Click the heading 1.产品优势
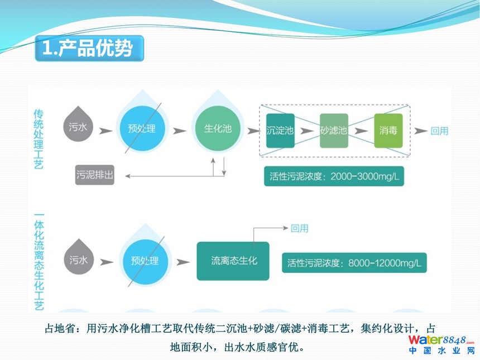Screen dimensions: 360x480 88,49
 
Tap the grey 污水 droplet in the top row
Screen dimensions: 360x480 79,128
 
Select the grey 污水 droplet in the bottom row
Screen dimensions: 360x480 79,260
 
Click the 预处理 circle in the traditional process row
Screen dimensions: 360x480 141,129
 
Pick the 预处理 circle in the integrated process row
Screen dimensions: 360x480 145,261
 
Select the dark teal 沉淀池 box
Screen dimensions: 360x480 280,131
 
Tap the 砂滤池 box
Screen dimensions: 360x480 334,131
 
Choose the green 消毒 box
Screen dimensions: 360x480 388,131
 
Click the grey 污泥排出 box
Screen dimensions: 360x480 95,175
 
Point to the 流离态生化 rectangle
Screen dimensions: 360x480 233,261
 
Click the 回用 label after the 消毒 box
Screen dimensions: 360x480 439,131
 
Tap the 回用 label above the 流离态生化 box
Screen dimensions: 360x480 299,228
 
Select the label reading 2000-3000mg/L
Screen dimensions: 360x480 334,177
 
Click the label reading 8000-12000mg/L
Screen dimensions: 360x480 354,262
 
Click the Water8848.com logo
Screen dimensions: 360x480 441,344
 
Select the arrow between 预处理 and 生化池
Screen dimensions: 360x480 179,131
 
